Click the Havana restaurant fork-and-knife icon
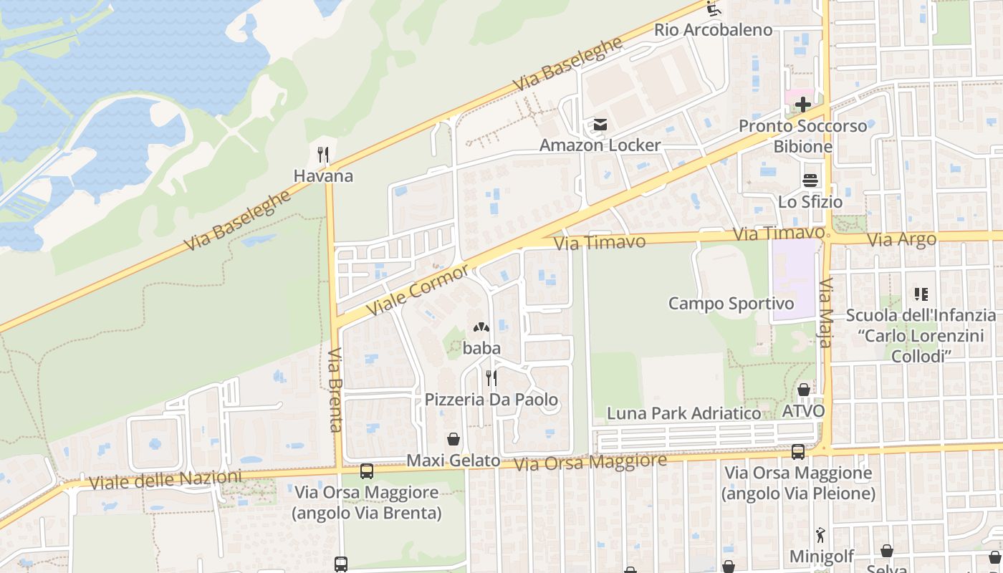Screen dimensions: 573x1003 (x=323, y=154)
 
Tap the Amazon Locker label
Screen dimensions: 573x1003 (x=600, y=145)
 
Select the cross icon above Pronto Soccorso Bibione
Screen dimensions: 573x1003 (x=802, y=105)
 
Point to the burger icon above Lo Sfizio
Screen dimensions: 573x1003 (x=810, y=180)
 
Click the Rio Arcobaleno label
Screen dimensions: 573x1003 (x=713, y=30)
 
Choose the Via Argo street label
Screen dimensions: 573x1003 (x=901, y=239)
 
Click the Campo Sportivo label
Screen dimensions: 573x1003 (x=731, y=304)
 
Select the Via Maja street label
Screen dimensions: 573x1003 (x=825, y=312)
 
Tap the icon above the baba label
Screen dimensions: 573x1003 (x=481, y=328)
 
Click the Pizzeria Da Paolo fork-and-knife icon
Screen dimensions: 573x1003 (x=491, y=377)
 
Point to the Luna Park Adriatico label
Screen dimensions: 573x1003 (x=683, y=413)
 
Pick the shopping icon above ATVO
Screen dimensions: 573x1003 (x=804, y=390)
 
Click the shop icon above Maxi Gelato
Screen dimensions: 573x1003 (x=453, y=438)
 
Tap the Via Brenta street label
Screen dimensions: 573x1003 (x=335, y=390)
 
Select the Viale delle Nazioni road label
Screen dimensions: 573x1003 (x=165, y=480)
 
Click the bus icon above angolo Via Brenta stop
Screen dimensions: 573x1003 (x=366, y=471)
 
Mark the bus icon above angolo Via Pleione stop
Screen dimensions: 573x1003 (x=797, y=451)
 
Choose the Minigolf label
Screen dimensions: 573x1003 (x=822, y=557)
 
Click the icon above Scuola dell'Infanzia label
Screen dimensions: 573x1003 (x=921, y=294)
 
